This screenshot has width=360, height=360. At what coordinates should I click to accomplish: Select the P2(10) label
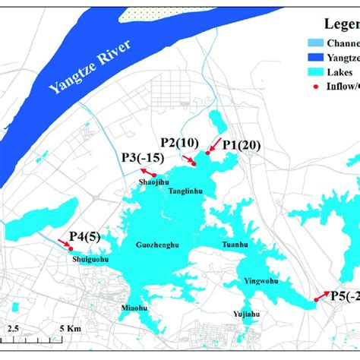[179, 142]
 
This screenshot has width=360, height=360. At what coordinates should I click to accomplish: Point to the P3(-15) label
[142, 157]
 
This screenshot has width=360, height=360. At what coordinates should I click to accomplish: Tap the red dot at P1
[208, 153]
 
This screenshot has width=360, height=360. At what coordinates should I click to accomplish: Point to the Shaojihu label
[153, 181]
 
